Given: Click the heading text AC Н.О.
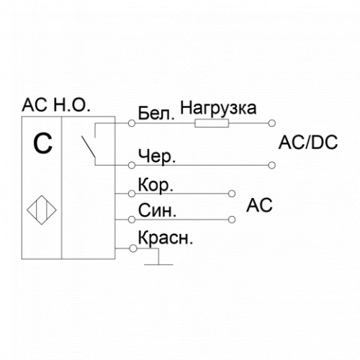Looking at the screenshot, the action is pyautogui.click(x=56, y=105).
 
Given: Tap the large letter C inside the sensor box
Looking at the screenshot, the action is pyautogui.click(x=42, y=143).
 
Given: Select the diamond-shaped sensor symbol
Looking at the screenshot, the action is pyautogui.click(x=42, y=210).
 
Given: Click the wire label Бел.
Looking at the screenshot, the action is pyautogui.click(x=156, y=113).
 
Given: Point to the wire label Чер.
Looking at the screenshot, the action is pyautogui.click(x=157, y=156).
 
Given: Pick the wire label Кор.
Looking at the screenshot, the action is pyautogui.click(x=156, y=185).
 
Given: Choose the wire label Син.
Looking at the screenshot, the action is pyautogui.click(x=157, y=210).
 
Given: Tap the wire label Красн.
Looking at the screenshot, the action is pyautogui.click(x=166, y=238).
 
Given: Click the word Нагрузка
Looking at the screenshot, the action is pyautogui.click(x=218, y=109).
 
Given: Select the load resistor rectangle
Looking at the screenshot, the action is pyautogui.click(x=212, y=123).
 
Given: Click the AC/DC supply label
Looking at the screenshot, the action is pyautogui.click(x=308, y=143).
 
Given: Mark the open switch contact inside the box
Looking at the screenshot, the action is pyautogui.click(x=89, y=147).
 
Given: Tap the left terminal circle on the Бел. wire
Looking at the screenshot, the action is pyautogui.click(x=132, y=123).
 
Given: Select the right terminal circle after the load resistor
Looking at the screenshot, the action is pyautogui.click(x=271, y=123).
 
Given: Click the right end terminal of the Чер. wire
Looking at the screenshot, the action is pyautogui.click(x=271, y=166).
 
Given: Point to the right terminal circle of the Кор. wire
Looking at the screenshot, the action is pyautogui.click(x=232, y=194).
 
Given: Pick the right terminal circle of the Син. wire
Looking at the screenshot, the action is pyautogui.click(x=232, y=220).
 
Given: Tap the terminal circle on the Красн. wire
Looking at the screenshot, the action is pyautogui.click(x=133, y=248).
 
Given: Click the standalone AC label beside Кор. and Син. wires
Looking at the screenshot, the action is pyautogui.click(x=259, y=205).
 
